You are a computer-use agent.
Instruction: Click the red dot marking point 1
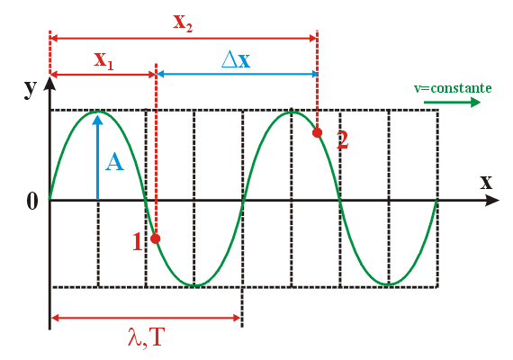click(x=156, y=238)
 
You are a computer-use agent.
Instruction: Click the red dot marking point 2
click(x=317, y=132)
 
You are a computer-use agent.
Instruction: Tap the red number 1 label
click(x=138, y=242)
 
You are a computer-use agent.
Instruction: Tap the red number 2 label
click(x=343, y=140)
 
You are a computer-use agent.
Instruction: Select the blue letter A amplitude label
click(x=114, y=163)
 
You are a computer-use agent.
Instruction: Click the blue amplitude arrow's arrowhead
click(x=97, y=120)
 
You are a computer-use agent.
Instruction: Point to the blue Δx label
click(x=236, y=59)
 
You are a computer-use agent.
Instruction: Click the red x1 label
click(x=103, y=60)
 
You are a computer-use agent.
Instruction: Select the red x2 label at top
click(x=183, y=22)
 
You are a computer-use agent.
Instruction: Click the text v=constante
click(x=453, y=88)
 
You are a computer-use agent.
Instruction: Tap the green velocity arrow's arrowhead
click(x=475, y=103)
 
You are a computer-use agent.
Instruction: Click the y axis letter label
click(x=31, y=88)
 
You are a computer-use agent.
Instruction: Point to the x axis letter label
click(x=486, y=182)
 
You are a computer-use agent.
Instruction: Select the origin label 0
click(x=32, y=201)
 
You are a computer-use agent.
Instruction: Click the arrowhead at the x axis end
click(x=492, y=200)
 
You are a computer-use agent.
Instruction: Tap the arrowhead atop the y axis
click(x=49, y=83)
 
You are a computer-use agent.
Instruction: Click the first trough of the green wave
click(x=194, y=285)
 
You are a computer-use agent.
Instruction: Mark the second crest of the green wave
click(x=292, y=112)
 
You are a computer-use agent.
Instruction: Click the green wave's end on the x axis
click(x=437, y=200)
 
